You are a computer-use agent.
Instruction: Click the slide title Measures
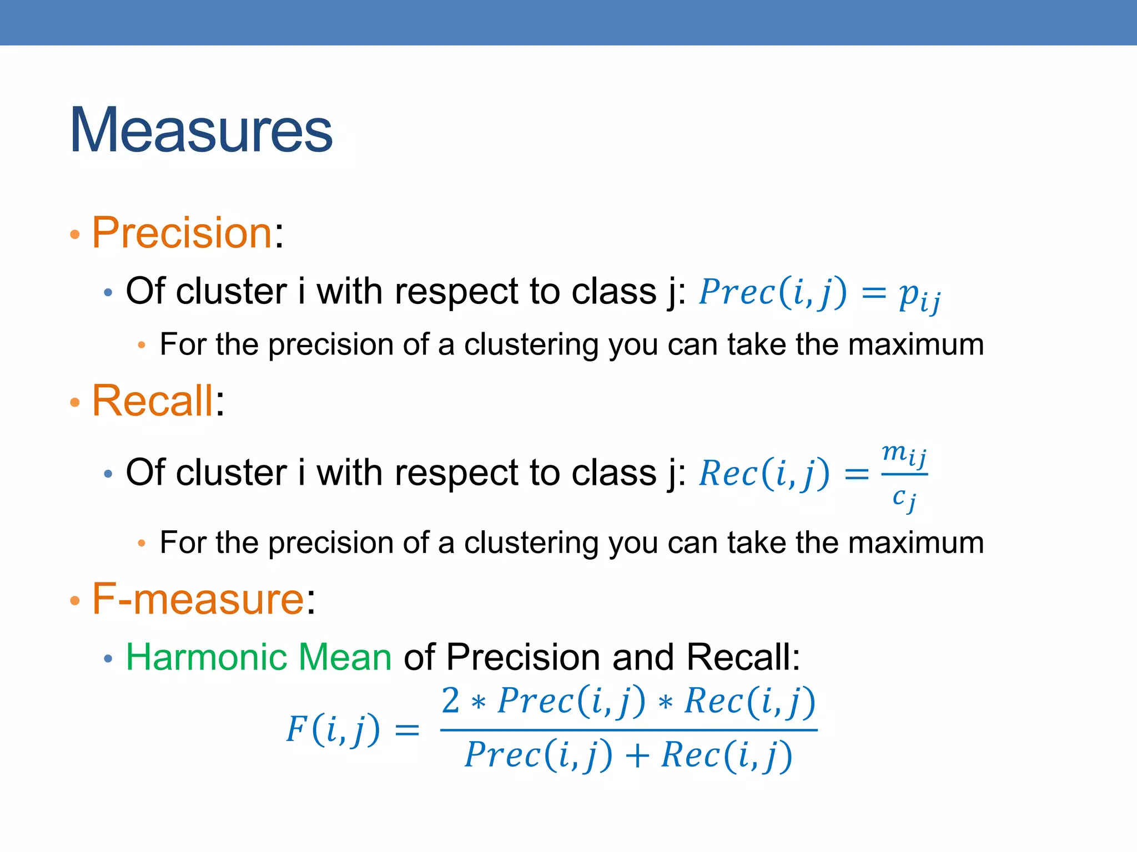click(201, 130)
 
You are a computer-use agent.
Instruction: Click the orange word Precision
click(182, 232)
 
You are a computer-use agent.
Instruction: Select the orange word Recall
click(152, 400)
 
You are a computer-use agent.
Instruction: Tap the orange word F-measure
click(198, 599)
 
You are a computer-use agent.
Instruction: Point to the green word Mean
click(345, 657)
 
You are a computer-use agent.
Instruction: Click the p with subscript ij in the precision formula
click(918, 295)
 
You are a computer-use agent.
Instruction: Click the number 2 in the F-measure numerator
click(450, 701)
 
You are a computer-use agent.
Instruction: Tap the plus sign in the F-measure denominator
click(637, 756)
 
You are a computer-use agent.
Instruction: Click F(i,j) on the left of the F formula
click(333, 729)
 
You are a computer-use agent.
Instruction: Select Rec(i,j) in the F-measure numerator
click(749, 701)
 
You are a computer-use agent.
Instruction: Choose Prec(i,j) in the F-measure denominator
click(538, 755)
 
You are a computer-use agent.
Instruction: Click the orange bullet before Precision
click(75, 235)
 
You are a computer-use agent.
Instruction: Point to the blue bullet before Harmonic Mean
click(108, 659)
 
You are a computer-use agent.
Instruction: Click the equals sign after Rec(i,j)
click(856, 474)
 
